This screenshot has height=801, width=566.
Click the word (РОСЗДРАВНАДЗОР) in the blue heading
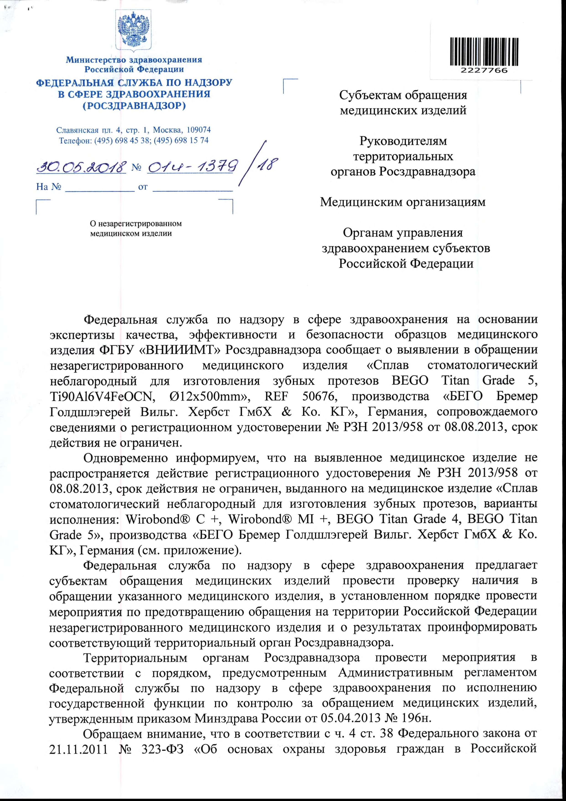tap(134, 105)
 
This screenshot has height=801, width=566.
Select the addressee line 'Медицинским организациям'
tap(403, 202)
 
